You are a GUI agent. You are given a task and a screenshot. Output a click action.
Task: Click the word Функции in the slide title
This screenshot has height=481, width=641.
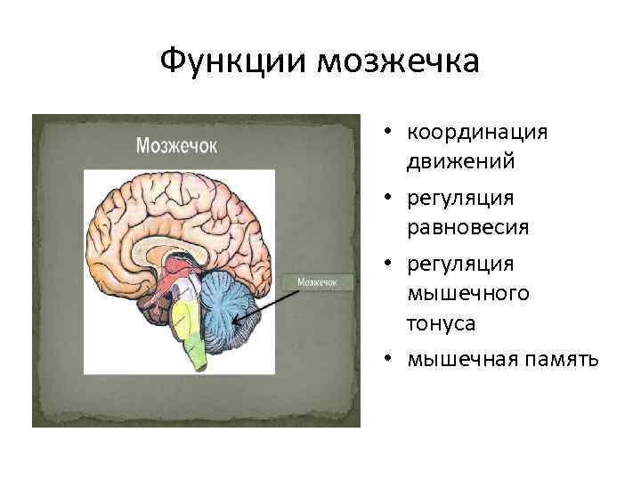pyautogui.click(x=233, y=62)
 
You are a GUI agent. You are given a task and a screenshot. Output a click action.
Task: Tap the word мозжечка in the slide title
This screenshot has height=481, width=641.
pyautogui.click(x=397, y=62)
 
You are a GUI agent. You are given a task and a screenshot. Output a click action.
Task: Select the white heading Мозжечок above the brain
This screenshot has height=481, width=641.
pyautogui.click(x=176, y=145)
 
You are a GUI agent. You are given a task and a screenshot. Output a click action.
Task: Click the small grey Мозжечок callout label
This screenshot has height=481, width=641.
pyautogui.click(x=317, y=282)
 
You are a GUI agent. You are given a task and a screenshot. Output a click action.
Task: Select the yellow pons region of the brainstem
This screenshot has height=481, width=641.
pyautogui.click(x=183, y=316)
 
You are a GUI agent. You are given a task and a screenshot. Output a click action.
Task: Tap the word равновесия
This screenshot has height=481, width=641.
pyautogui.click(x=468, y=228)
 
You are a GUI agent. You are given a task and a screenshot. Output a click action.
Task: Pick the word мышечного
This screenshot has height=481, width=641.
pyautogui.click(x=468, y=293)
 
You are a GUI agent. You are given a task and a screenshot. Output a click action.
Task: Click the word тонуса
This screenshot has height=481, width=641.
pyautogui.click(x=441, y=325)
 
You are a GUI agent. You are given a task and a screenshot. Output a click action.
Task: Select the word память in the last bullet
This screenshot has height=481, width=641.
pyautogui.click(x=559, y=359)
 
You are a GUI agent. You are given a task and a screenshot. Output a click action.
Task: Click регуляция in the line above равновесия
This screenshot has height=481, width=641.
pyautogui.click(x=460, y=197)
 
